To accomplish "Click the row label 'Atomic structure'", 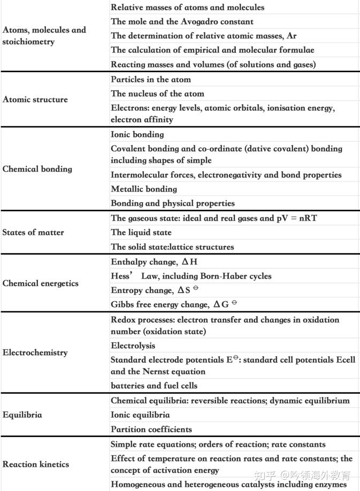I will pos(35,99).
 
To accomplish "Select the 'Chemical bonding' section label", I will pos(37,169).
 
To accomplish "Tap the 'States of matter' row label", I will pos(33,233).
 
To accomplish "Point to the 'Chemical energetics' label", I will pos(41,283).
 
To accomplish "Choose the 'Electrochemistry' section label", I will pos(35,352).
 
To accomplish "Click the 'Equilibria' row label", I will pos(22,415).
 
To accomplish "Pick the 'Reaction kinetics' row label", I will pos(36,464).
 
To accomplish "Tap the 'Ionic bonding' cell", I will pos(137,135).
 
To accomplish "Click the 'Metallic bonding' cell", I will pos(144,189).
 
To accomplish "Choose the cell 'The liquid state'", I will pos(141,233).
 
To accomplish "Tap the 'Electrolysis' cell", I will pos(133,346).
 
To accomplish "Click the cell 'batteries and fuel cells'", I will pos(154,386).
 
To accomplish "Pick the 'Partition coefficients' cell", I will pos(151,429).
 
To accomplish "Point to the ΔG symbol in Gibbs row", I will pos(221,305).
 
